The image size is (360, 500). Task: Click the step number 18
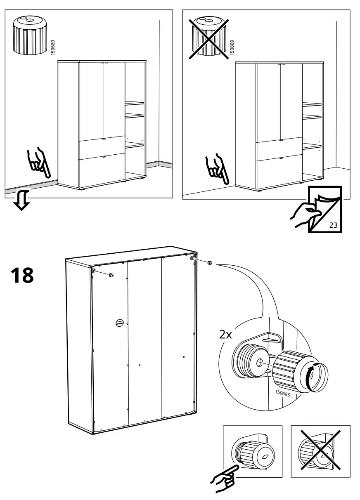click(x=22, y=276)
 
